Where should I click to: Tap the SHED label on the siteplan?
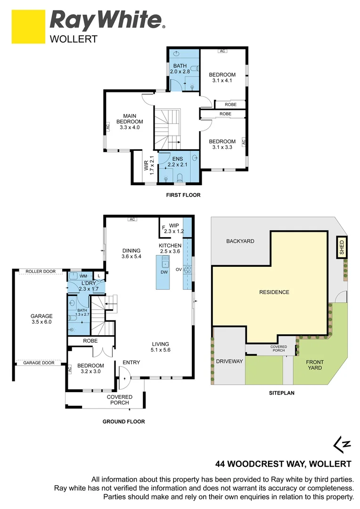point(342,248)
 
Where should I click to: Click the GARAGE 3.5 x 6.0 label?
point(41,319)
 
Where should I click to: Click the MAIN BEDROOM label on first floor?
point(130,121)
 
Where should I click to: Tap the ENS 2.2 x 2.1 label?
point(177,161)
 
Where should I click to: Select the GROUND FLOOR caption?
point(123,422)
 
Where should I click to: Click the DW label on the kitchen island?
point(164,272)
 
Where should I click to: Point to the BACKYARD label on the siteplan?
point(240,241)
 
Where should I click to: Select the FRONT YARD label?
point(315,364)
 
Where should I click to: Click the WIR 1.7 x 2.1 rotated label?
point(148,165)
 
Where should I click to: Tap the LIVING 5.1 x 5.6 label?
point(160,347)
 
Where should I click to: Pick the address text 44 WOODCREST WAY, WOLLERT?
point(284,463)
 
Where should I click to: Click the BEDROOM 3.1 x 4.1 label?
point(222,78)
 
